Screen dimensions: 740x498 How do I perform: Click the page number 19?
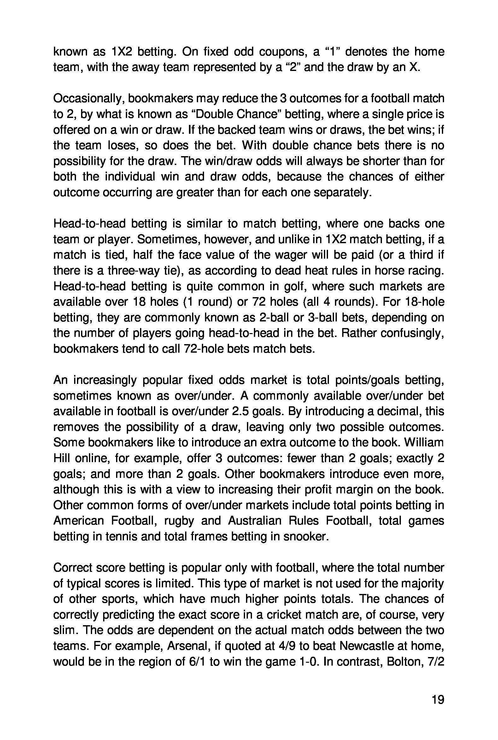click(438, 700)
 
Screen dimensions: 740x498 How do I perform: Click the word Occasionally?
click(89, 99)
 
